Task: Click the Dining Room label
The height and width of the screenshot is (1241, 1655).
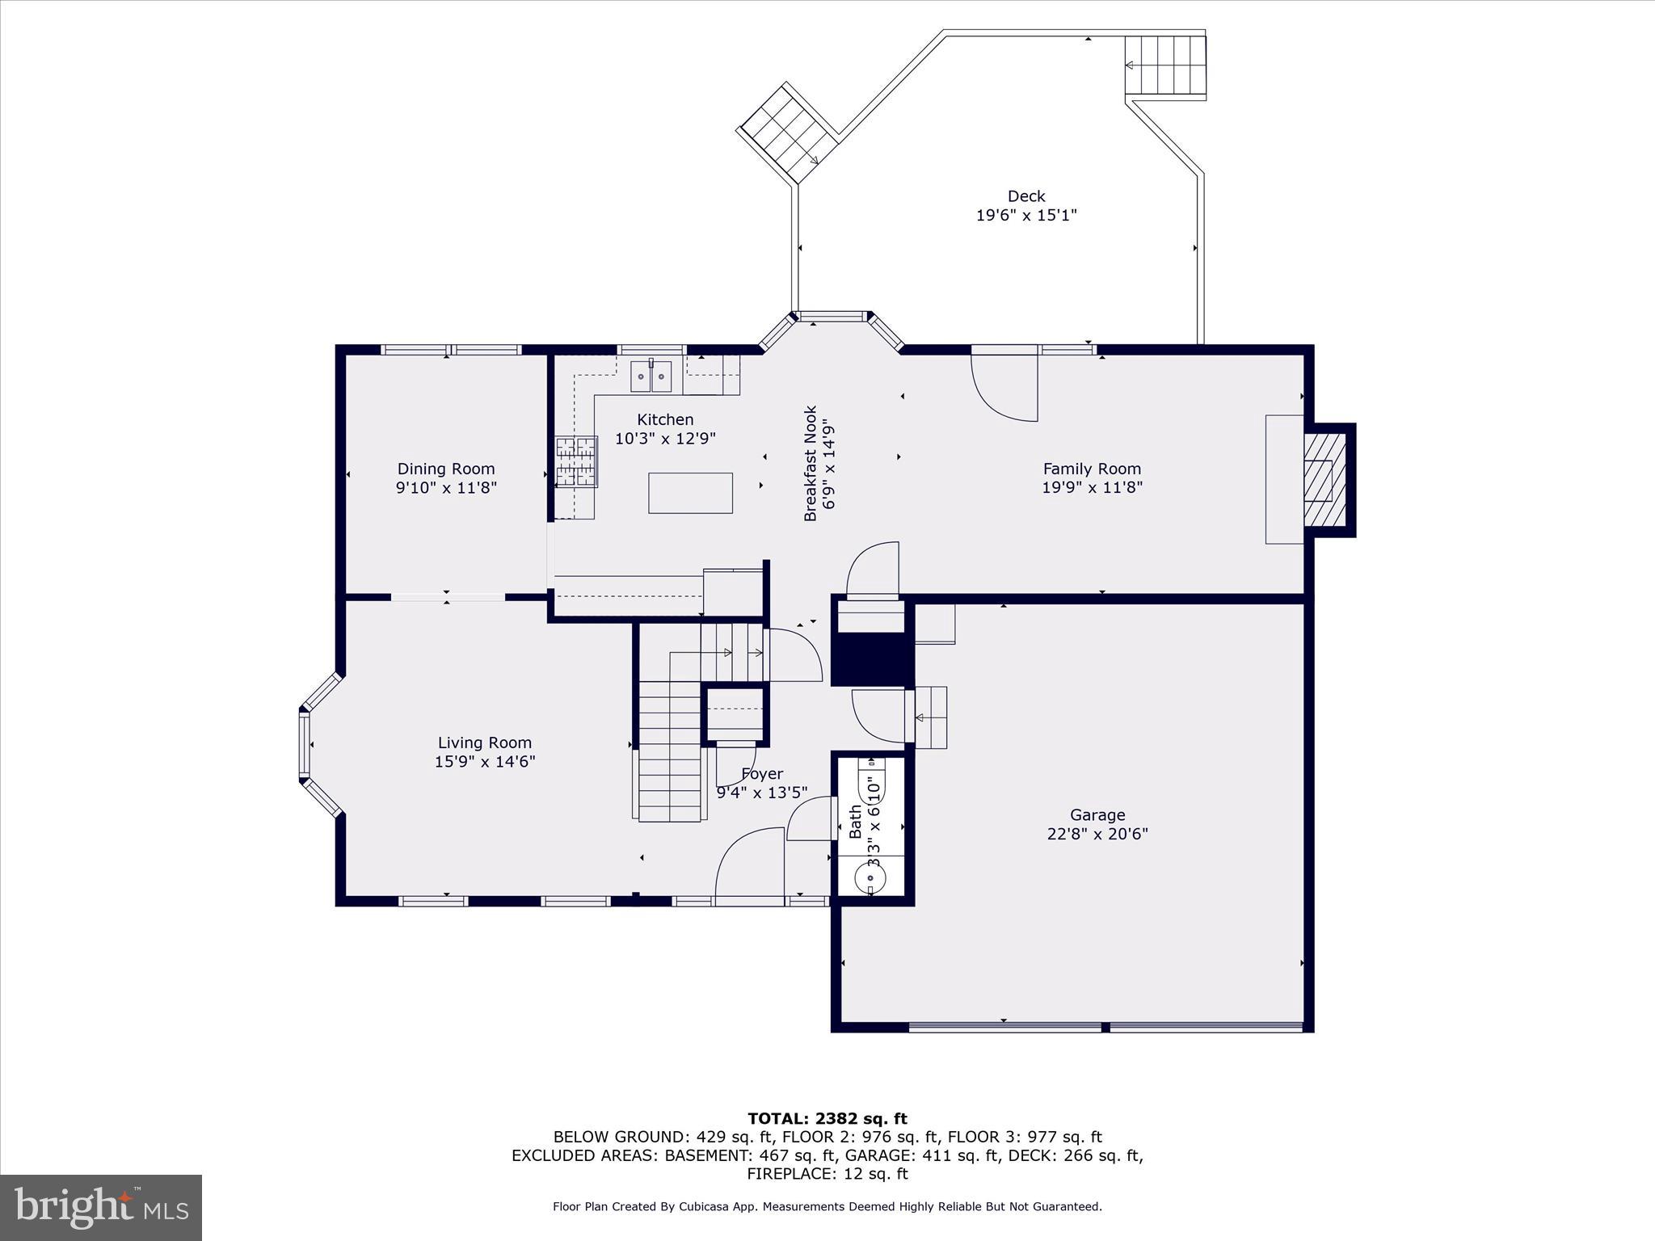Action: coord(445,469)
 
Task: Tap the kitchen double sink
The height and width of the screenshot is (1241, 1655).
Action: coord(651,377)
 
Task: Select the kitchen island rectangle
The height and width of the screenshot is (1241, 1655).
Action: coord(690,493)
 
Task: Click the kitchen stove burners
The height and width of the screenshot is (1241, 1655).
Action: coord(576,461)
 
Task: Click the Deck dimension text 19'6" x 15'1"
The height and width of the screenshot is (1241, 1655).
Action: coord(1026,215)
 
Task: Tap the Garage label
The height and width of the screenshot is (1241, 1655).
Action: coord(1097,815)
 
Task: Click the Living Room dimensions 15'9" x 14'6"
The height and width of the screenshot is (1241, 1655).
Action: coord(485,761)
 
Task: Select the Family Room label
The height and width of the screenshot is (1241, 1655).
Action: coord(1092,469)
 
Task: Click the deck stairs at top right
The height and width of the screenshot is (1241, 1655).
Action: coord(1165,65)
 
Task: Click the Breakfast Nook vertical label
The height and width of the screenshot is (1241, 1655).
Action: coord(811,463)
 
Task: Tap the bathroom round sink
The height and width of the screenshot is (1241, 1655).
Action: coord(870,876)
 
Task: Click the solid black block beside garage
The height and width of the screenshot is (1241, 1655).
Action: coord(873,659)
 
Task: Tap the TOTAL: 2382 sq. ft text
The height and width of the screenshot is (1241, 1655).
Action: coord(827,1119)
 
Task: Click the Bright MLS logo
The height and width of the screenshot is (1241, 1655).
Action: coord(101,1207)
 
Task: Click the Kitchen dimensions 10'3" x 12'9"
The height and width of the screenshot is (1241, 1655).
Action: coord(665,439)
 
